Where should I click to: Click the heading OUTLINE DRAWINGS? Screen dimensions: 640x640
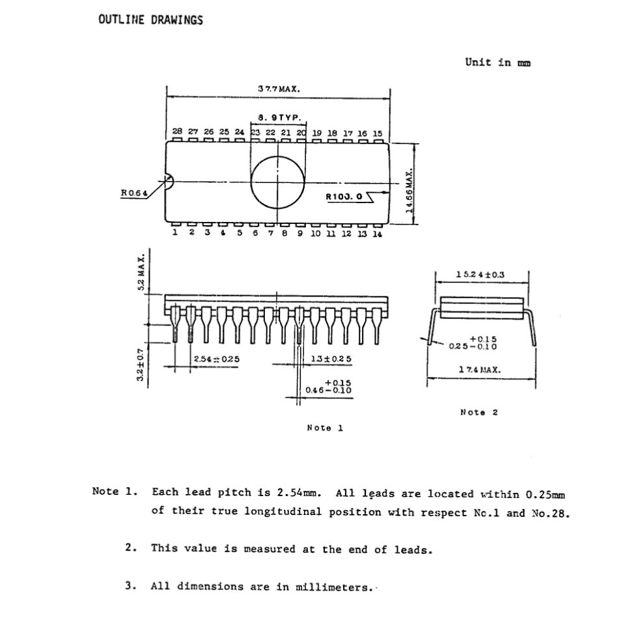click(x=150, y=20)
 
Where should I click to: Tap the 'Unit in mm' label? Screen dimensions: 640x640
click(x=497, y=63)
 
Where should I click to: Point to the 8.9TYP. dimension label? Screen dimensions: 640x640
click(x=279, y=118)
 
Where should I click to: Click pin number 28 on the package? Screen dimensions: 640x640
click(x=177, y=132)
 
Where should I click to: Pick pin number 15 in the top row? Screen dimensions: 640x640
click(x=378, y=133)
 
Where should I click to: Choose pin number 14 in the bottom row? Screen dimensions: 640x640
click(x=377, y=234)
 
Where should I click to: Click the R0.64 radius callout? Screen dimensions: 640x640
click(x=134, y=193)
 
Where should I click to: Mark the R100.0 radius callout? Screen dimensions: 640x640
click(x=344, y=196)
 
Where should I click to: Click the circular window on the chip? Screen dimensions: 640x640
click(x=279, y=180)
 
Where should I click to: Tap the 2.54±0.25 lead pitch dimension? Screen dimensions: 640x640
click(x=216, y=359)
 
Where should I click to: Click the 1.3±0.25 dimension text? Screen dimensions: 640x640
click(x=331, y=359)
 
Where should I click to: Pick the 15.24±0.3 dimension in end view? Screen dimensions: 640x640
click(x=480, y=275)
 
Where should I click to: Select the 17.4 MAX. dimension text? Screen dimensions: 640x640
click(x=479, y=369)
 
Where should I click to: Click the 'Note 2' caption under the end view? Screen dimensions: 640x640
click(x=479, y=412)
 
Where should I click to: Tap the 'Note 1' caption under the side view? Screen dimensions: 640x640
click(x=324, y=428)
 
